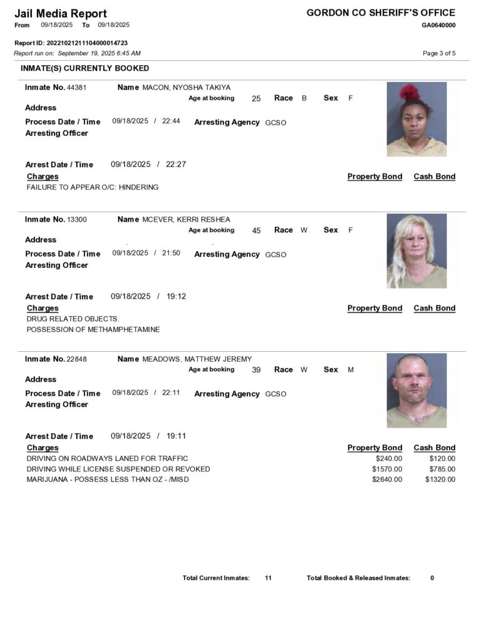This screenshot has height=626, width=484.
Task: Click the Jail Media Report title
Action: [60, 13]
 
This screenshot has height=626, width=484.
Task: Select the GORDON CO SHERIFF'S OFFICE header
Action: [381, 13]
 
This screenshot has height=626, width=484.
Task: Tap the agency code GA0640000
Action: [438, 25]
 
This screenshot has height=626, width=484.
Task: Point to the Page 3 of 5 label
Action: [439, 53]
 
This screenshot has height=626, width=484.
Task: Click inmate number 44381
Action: [76, 88]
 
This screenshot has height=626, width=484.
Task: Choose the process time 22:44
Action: [171, 121]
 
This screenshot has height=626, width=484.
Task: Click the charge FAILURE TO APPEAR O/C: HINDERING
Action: [93, 187]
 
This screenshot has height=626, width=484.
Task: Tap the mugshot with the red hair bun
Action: [416, 119]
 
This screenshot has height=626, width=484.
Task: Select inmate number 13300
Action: [76, 220]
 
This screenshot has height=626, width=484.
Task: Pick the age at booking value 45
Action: [256, 230]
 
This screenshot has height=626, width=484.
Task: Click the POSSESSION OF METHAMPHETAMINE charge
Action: [93, 329]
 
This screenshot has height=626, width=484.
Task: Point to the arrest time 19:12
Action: [176, 297]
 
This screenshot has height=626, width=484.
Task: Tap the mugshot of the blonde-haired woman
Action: [416, 251]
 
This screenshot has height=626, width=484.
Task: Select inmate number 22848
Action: [76, 359]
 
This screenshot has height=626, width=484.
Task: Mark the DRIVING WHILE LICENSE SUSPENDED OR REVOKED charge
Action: [118, 469]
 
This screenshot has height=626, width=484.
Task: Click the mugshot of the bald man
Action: [416, 391]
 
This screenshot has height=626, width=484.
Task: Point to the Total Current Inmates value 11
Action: [268, 578]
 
